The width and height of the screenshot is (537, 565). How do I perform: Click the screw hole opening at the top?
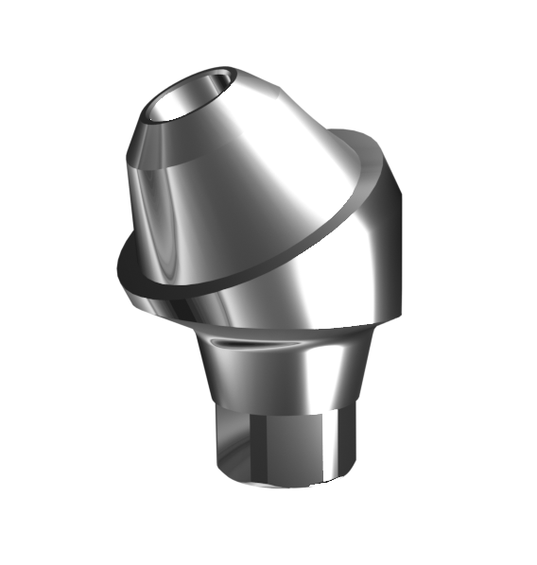click(186, 100)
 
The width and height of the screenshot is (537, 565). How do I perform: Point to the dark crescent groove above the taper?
click(234, 341)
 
